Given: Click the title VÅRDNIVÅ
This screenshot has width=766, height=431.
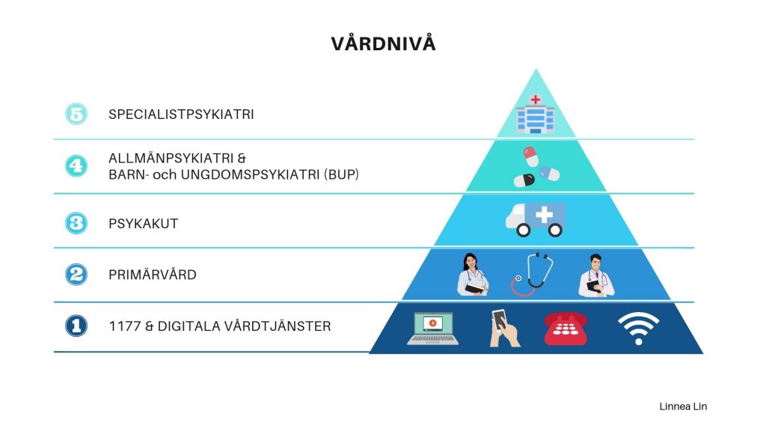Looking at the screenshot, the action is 383,43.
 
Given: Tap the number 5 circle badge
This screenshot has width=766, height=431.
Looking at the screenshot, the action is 76,114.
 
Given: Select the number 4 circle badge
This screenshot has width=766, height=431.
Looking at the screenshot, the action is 76,165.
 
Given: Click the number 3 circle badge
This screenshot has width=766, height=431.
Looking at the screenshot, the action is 76,223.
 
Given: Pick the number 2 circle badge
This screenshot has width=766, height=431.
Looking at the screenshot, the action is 76,274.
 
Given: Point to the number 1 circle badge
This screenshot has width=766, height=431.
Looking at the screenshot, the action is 76,326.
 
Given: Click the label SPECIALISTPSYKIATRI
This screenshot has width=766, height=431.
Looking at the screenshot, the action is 181,114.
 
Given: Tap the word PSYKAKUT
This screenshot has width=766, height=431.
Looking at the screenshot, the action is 143,224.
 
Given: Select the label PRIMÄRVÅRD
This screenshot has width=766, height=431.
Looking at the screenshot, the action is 153,275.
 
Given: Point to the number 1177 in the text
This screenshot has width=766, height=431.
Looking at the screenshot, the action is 125,326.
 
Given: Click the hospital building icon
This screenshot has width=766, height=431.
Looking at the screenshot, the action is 536,114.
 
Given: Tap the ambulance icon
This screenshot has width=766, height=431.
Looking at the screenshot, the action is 536,220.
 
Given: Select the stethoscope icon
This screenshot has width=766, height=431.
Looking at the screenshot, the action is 532,274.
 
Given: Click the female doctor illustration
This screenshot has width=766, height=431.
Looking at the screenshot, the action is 473,275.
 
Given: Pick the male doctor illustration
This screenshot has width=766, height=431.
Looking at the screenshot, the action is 596,275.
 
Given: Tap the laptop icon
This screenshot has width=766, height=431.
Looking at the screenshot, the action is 433,328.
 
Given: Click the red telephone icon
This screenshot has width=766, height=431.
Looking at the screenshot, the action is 566,328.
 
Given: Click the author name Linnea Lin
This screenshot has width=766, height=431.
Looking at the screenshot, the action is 683,406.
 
